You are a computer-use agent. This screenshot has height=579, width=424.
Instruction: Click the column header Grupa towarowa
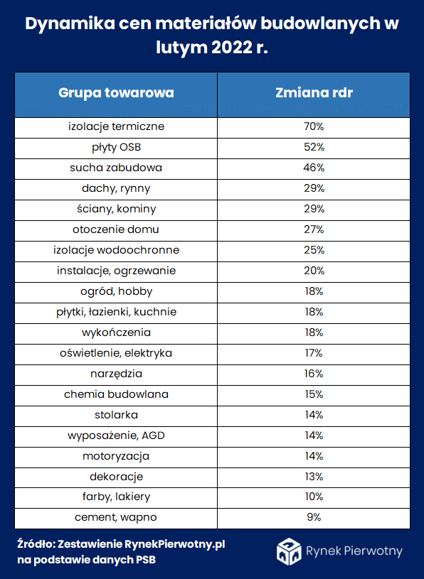tap(116, 92)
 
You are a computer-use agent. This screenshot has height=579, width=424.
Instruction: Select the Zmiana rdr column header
tap(314, 92)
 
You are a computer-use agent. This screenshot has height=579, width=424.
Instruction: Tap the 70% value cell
tap(314, 126)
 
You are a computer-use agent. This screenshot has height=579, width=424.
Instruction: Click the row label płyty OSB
tap(117, 148)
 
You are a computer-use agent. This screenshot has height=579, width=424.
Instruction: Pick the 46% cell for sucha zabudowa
tap(314, 168)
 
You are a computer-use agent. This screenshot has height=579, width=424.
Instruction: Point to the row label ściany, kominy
tap(117, 210)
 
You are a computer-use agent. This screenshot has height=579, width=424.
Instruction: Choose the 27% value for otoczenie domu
tap(314, 229)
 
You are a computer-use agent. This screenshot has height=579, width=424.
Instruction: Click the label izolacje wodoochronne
tap(117, 250)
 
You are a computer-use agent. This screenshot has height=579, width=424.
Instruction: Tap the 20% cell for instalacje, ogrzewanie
tap(314, 271)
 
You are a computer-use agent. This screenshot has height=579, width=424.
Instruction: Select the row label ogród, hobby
tap(117, 292)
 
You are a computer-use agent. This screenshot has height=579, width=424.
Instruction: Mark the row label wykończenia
tap(117, 332)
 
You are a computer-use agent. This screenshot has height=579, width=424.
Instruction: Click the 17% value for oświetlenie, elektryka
tap(314, 353)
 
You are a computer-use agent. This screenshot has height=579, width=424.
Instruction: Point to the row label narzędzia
tap(117, 374)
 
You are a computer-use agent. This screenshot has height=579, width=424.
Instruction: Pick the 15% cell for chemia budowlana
tap(314, 394)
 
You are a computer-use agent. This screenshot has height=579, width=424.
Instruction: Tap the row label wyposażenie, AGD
tap(117, 436)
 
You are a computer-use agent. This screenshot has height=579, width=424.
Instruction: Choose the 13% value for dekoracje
tap(314, 477)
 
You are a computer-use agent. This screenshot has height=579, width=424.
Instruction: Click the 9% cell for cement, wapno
tap(314, 517)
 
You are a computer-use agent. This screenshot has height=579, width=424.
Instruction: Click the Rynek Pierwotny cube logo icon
tap(289, 552)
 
